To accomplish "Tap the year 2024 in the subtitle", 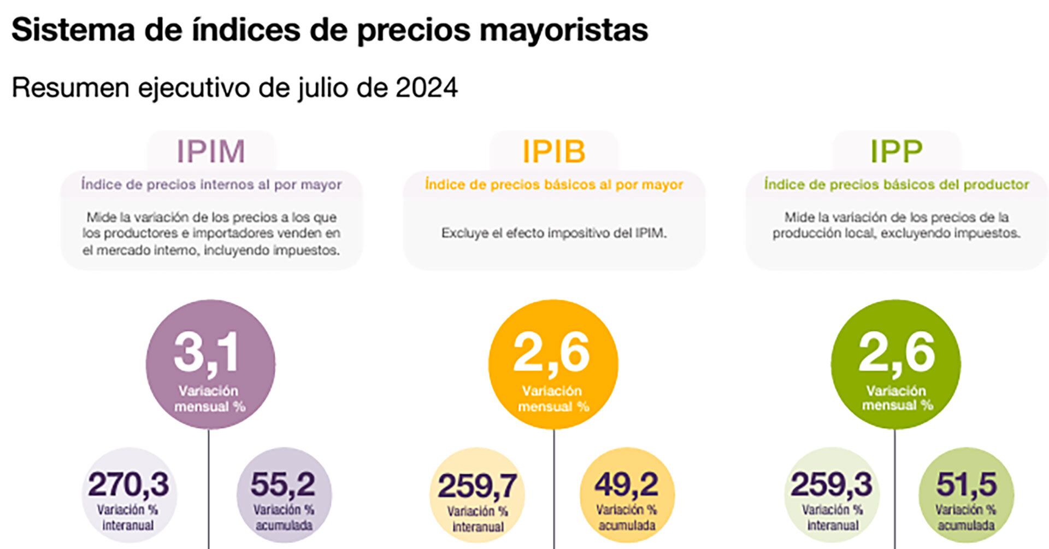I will click(x=427, y=87).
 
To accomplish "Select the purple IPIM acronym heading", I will click(x=211, y=151).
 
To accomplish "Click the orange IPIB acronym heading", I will click(x=553, y=151).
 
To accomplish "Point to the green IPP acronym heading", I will click(x=896, y=151).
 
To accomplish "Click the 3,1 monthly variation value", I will click(x=207, y=353).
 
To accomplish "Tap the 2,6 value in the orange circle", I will click(x=551, y=353).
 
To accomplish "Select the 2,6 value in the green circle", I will click(x=897, y=353).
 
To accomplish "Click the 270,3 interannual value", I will click(x=129, y=484).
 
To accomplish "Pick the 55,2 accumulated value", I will click(x=283, y=484).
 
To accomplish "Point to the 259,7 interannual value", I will click(x=477, y=486).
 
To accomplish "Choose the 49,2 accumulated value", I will click(x=627, y=484).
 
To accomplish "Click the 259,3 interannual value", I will click(x=832, y=484).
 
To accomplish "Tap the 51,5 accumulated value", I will click(x=967, y=484).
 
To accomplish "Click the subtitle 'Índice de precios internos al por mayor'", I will click(x=211, y=185).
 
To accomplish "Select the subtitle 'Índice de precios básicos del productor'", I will click(x=897, y=185).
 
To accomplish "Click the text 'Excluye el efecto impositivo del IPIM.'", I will click(x=553, y=233).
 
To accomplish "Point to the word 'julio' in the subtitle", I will click(x=322, y=87).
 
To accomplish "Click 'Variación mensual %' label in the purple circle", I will click(x=209, y=399).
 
